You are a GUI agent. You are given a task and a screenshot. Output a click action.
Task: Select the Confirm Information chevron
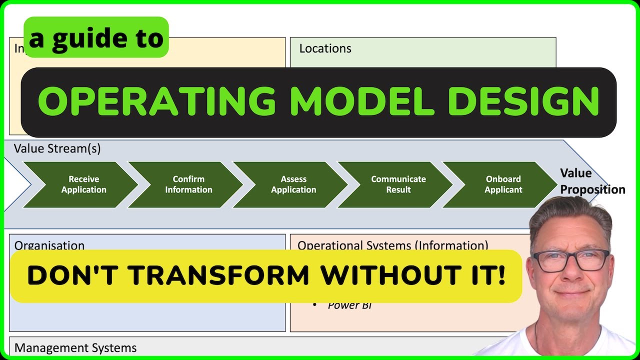coord(188,184)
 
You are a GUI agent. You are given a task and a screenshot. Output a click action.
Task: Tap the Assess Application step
coord(293,184)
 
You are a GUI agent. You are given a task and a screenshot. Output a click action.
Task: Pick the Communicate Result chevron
coord(398,184)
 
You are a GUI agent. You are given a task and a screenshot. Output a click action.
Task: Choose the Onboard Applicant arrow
coord(503,184)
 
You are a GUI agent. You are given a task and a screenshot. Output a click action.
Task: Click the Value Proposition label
coord(592,181)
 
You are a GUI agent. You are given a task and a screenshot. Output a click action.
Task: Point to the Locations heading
coord(325,48)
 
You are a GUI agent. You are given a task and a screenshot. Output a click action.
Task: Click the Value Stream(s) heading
coord(57,148)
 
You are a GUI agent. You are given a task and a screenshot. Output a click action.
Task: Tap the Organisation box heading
coord(49,245)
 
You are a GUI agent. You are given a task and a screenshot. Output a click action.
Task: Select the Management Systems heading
coord(75,348)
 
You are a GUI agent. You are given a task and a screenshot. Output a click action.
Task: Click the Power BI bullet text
coord(349,305)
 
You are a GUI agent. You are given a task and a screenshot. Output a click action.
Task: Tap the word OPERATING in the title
coord(156,101)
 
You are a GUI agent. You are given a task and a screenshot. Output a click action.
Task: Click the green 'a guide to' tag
coord(96,38)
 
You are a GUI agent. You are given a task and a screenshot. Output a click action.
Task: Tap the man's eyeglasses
coord(571,260)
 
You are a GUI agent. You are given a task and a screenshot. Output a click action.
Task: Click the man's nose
coord(571,274)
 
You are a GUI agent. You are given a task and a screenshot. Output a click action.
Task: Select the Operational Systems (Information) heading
coord(392,245)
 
